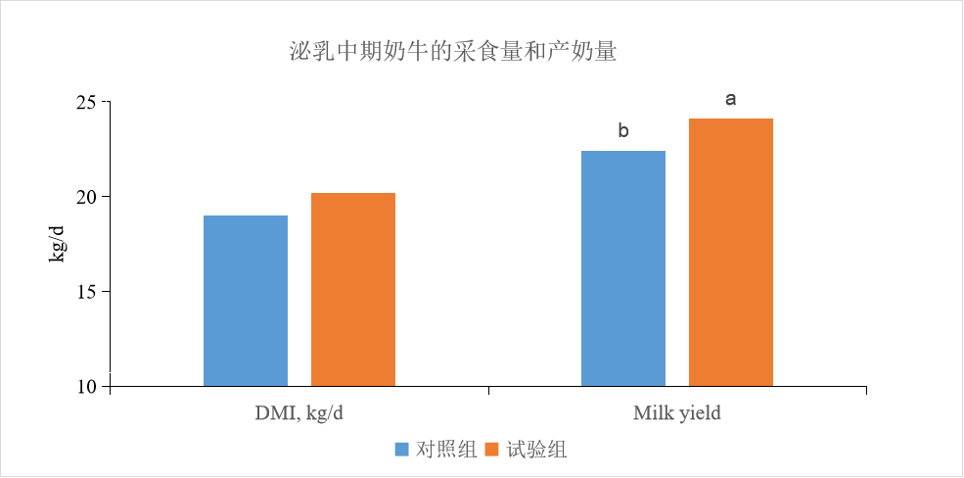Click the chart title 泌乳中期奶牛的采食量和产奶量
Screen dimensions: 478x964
[452, 52]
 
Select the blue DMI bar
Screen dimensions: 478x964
[246, 300]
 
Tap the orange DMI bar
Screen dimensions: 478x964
[353, 289]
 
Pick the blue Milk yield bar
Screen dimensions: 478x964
[623, 267]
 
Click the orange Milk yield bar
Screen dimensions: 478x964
[731, 252]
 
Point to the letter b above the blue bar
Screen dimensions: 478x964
[623, 131]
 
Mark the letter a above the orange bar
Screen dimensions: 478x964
[730, 99]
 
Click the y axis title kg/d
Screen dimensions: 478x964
[57, 243]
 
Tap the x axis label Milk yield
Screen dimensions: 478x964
[676, 412]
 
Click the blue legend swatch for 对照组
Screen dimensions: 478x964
[401, 450]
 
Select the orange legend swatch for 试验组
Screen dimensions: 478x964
[492, 450]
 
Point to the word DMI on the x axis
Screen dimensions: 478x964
[262, 412]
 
